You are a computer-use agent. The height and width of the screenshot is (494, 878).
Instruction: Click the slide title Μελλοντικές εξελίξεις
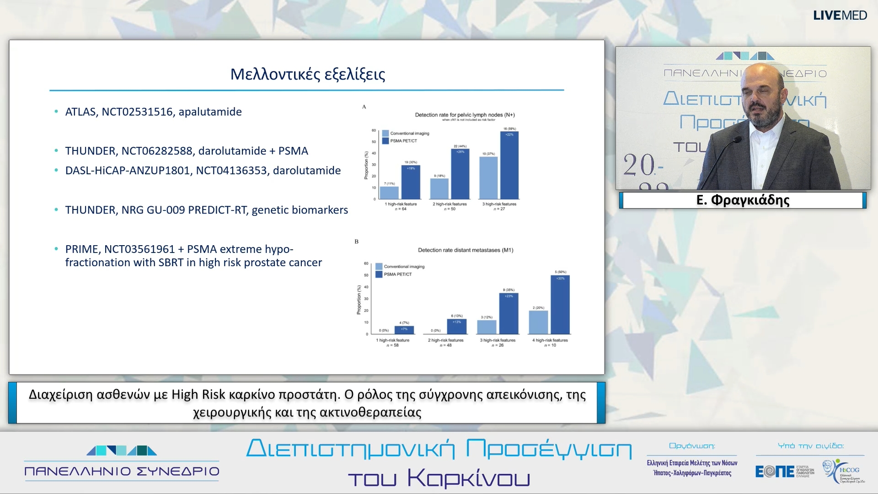(307, 74)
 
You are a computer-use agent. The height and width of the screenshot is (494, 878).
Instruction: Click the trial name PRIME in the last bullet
(81, 249)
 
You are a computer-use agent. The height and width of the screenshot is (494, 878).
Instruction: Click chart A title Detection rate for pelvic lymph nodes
(464, 115)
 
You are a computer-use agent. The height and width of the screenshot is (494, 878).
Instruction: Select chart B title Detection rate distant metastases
(465, 250)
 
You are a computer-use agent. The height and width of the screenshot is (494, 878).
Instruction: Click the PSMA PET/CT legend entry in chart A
(403, 141)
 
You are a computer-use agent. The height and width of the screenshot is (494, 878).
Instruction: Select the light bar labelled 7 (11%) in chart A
(389, 193)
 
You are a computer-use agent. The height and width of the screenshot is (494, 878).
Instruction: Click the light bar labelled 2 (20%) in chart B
(538, 322)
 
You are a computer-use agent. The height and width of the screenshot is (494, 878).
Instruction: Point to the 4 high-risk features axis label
(550, 340)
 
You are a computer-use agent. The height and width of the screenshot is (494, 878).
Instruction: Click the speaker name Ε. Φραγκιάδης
(743, 200)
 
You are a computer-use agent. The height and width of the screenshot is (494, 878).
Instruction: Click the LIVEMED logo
(840, 16)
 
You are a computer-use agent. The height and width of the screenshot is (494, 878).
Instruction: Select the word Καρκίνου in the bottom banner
(468, 478)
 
